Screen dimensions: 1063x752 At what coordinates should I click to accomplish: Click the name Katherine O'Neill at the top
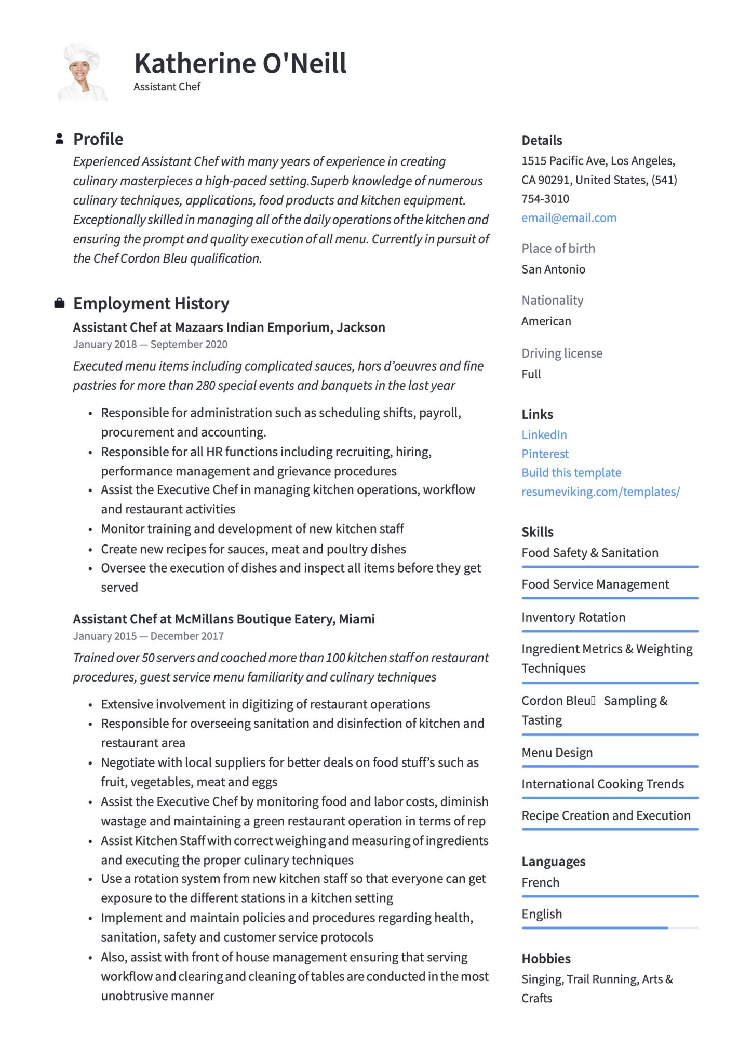[x=240, y=63]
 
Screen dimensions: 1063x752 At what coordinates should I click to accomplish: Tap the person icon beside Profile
[x=60, y=139]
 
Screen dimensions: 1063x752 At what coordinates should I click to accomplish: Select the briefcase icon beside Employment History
[x=60, y=303]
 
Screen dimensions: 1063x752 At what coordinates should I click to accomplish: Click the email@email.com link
[x=569, y=218]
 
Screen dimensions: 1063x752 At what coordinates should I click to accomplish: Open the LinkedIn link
[x=544, y=435]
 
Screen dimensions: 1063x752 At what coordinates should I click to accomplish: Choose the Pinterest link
[x=545, y=454]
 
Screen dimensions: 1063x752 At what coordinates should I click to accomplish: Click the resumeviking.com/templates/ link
[x=600, y=492]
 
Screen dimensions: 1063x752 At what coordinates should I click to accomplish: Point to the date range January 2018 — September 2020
[x=150, y=345]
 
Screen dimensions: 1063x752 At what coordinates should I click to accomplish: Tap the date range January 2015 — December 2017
[x=148, y=636]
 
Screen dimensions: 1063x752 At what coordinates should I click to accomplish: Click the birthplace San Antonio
[x=553, y=269]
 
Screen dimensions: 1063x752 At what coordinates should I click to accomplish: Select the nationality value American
[x=546, y=321]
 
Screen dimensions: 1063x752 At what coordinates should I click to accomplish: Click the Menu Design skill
[x=557, y=753]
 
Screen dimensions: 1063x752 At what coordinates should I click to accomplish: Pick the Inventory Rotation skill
[x=573, y=618]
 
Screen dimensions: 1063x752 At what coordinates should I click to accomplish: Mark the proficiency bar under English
[x=595, y=928]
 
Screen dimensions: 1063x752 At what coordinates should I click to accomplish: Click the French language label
[x=540, y=883]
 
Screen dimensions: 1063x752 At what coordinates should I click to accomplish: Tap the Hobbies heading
[x=546, y=959]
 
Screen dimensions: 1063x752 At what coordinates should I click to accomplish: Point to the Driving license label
[x=562, y=353]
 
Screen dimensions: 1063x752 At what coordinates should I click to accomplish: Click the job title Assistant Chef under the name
[x=167, y=87]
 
